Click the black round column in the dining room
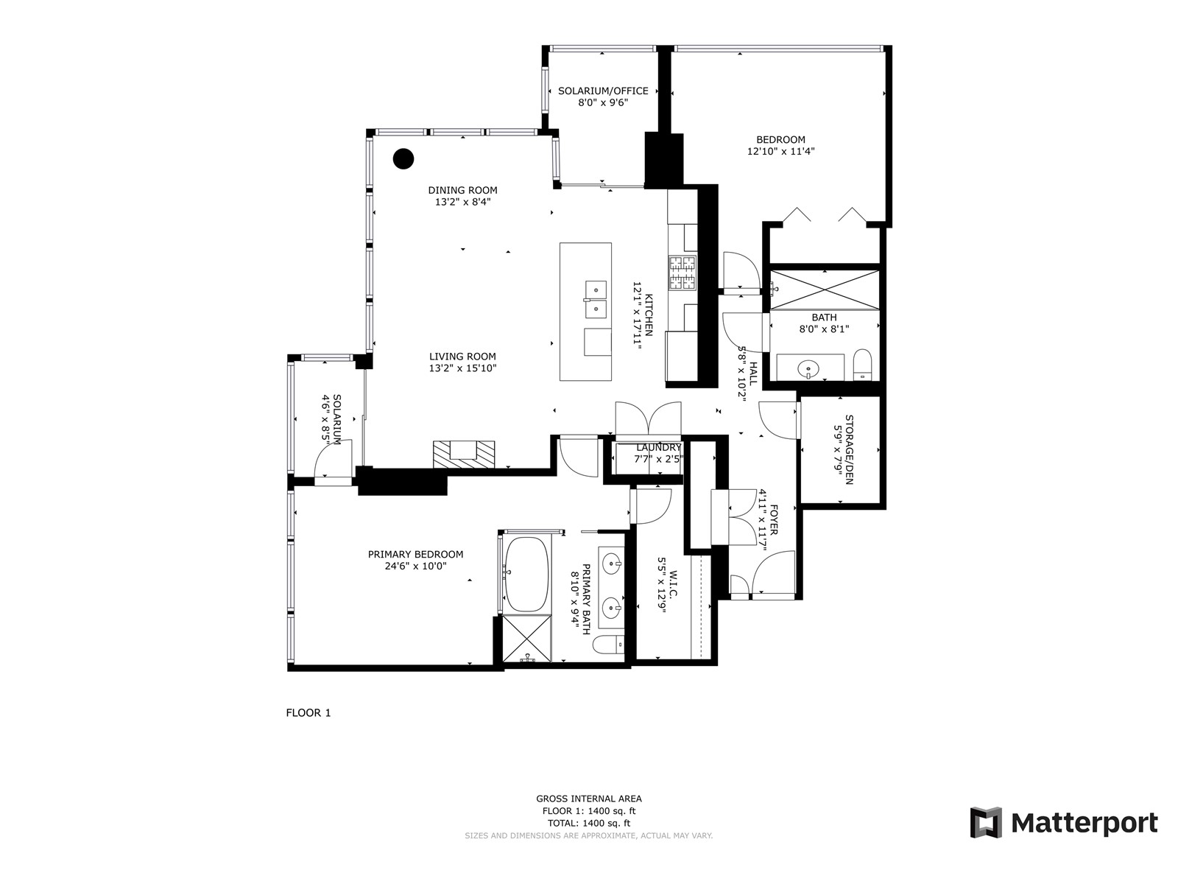(x=403, y=158)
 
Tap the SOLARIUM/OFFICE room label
(x=603, y=91)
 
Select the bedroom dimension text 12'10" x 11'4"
(x=780, y=151)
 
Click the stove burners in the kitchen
(x=682, y=273)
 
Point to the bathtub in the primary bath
(x=526, y=574)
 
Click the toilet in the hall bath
(x=862, y=365)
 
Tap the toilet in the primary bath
(x=608, y=644)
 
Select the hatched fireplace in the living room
(x=465, y=454)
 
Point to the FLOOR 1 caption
(x=308, y=713)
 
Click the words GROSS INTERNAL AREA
(x=589, y=799)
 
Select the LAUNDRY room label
(x=658, y=447)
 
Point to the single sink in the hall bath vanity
(x=808, y=369)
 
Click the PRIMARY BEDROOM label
(x=415, y=554)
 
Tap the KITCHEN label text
(x=649, y=315)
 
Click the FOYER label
(x=774, y=519)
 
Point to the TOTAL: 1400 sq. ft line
(x=589, y=823)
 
